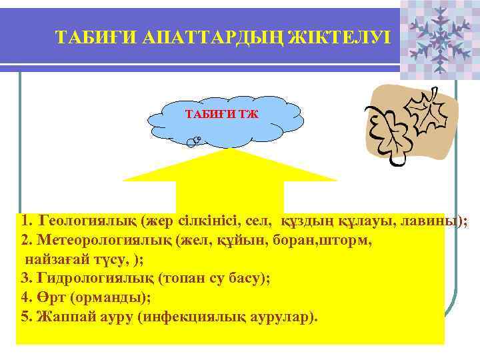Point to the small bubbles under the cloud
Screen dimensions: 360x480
point(195,141)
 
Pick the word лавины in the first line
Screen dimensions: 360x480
point(436,221)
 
